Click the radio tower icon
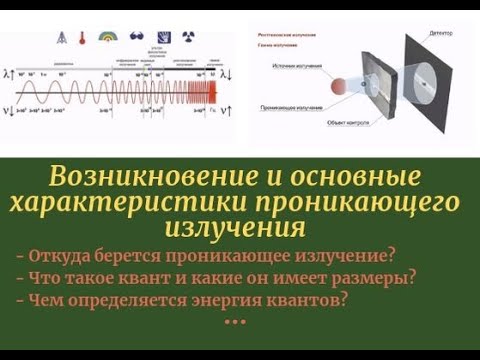(x=63, y=38)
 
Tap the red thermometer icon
(x=83, y=38)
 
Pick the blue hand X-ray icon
(x=164, y=37)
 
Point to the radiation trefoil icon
(x=188, y=37)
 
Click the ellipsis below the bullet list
(x=235, y=322)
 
